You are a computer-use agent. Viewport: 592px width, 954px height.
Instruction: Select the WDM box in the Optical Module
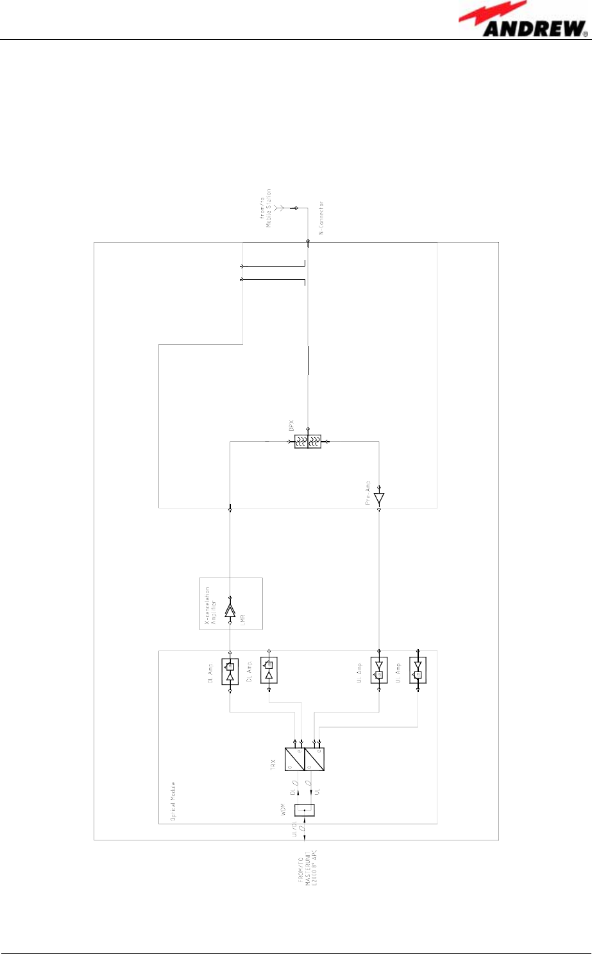(305, 810)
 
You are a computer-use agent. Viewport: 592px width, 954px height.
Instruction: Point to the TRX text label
(273, 763)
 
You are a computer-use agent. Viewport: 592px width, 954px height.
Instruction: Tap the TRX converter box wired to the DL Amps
(295, 759)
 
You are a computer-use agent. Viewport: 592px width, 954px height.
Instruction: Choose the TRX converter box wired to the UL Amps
(314, 759)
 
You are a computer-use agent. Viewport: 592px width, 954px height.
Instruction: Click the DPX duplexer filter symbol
(308, 441)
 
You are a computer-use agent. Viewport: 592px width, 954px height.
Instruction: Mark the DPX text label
(292, 425)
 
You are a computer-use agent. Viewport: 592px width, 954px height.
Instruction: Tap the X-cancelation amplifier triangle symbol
(230, 611)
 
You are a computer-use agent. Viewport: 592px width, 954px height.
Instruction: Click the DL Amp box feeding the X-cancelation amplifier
(230, 672)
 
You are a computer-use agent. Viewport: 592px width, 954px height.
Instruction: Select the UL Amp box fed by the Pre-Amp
(379, 670)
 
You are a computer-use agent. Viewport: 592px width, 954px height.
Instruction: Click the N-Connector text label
(321, 217)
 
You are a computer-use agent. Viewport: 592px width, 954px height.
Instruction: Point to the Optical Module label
(173, 802)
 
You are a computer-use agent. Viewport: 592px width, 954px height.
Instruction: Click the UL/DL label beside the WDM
(296, 829)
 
